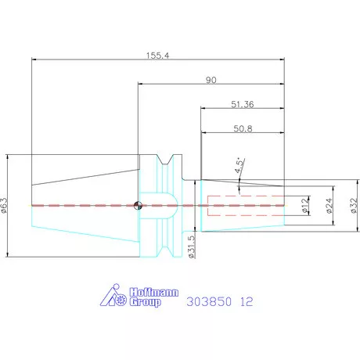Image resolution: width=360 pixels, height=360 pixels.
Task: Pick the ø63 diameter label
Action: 7,204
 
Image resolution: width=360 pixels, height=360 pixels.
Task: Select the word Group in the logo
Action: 145,302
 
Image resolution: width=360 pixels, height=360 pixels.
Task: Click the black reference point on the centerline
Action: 138,206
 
